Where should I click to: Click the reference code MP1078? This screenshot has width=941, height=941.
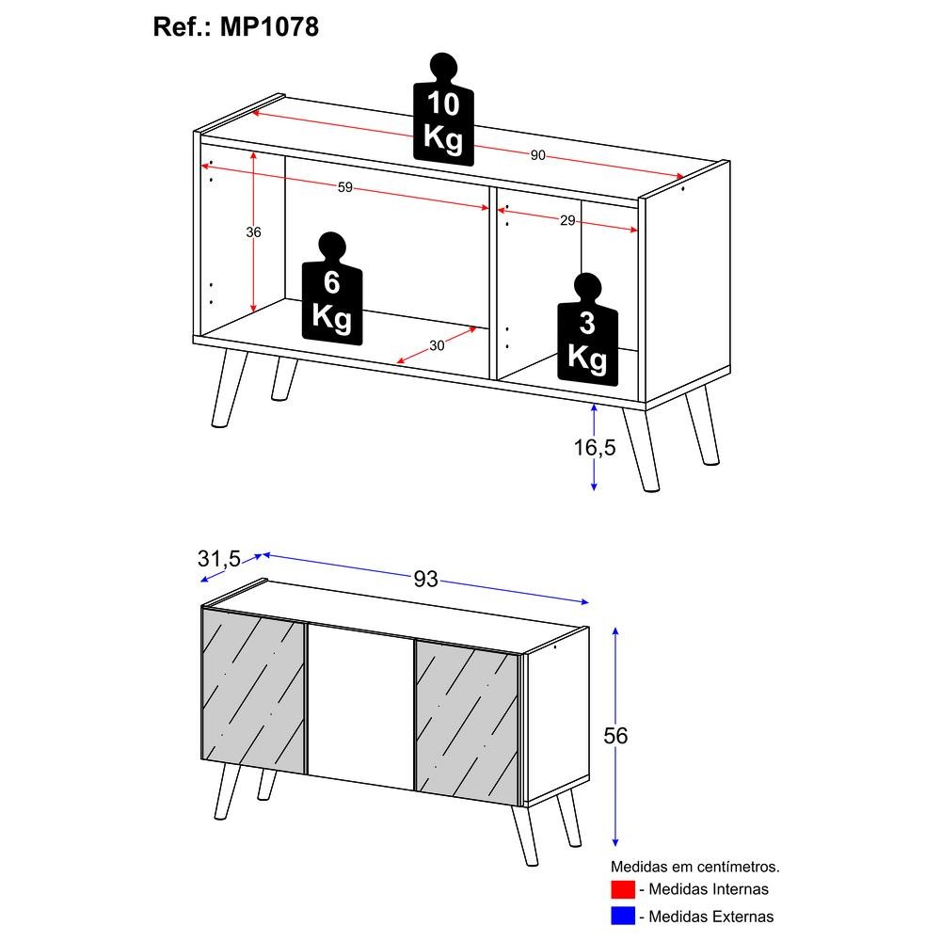pyautogui.click(x=269, y=26)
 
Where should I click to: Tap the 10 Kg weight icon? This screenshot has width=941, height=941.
pyautogui.click(x=443, y=109)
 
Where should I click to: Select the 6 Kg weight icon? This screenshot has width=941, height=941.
pyautogui.click(x=332, y=288)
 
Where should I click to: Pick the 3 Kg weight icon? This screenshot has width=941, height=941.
pyautogui.click(x=587, y=329)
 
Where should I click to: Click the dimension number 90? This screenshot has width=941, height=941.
pyautogui.click(x=537, y=155)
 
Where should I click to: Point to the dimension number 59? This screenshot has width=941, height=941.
pyautogui.click(x=345, y=187)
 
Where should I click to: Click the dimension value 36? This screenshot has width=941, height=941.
pyautogui.click(x=253, y=232)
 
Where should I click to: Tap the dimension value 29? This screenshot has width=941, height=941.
pyautogui.click(x=567, y=220)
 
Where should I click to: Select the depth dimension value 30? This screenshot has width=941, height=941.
pyautogui.click(x=437, y=345)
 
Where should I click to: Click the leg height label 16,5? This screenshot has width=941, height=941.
pyautogui.click(x=595, y=447)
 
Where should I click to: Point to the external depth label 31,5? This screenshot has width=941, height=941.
pyautogui.click(x=219, y=559)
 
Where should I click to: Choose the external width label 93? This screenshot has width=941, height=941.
pyautogui.click(x=425, y=579)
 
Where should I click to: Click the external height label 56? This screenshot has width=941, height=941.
pyautogui.click(x=615, y=736)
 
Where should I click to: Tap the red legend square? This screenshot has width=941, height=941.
pyautogui.click(x=623, y=889)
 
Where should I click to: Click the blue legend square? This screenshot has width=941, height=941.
pyautogui.click(x=623, y=916)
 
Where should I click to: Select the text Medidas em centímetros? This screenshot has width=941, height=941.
pyautogui.click(x=695, y=867)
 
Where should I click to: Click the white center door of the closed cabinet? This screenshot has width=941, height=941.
pyautogui.click(x=360, y=709)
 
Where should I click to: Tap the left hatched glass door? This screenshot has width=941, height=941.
pyautogui.click(x=253, y=691)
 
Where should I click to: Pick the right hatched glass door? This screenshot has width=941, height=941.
pyautogui.click(x=467, y=724)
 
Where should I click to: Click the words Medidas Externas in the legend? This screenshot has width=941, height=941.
pyautogui.click(x=711, y=917)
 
